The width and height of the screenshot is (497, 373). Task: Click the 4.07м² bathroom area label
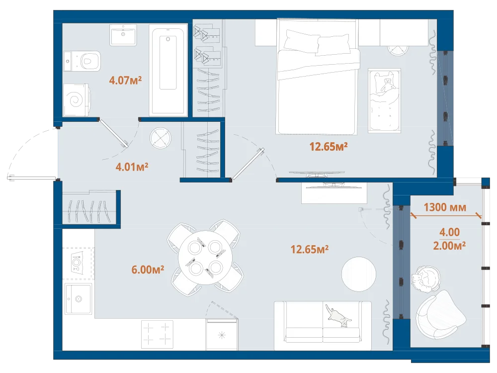[125, 80]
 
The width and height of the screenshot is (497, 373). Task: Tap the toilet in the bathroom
[82, 61]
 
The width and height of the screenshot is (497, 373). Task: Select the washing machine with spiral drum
[77, 100]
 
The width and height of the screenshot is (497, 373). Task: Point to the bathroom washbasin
[123, 35]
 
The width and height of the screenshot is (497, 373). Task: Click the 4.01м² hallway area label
[132, 167]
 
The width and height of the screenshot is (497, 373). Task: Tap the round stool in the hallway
[161, 138]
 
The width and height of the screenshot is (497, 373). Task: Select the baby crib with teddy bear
[385, 100]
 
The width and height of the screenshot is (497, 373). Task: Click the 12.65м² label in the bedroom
[329, 147]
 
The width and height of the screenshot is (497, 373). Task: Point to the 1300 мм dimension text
[445, 207]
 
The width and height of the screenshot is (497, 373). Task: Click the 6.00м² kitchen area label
[148, 270]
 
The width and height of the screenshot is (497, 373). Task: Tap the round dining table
[205, 258]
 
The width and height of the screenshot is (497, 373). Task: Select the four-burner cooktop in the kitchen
[157, 334]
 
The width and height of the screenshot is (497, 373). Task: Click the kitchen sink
[78, 299]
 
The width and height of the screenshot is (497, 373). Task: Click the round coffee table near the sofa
[359, 274]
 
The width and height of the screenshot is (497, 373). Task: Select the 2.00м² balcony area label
[449, 246]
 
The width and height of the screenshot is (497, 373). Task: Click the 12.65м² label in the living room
[309, 249]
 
